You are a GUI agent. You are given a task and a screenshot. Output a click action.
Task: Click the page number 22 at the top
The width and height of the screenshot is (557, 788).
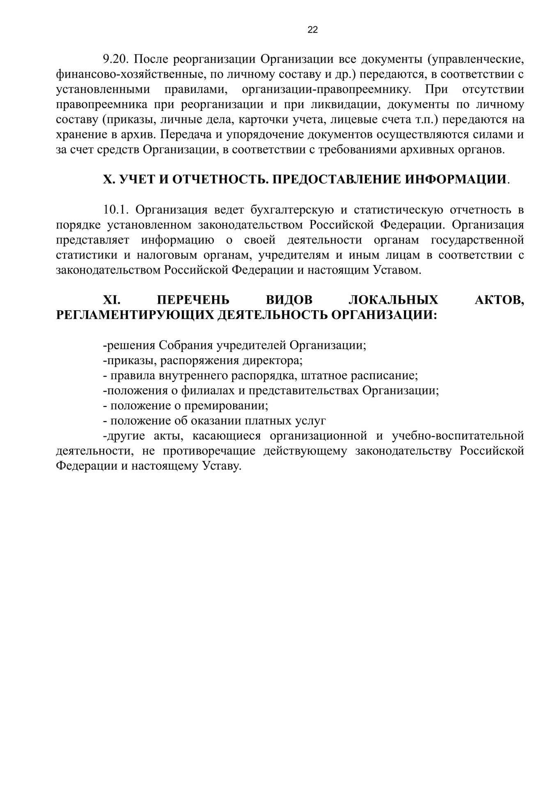312,30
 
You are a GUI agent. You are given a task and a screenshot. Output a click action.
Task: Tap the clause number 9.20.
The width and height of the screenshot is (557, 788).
116,59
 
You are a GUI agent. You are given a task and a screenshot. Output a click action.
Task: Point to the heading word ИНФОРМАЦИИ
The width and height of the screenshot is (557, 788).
456,179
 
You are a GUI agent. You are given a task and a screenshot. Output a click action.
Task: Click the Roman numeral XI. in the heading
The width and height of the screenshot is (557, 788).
111,300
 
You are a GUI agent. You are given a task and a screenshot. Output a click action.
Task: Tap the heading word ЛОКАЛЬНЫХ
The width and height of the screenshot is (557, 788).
393,300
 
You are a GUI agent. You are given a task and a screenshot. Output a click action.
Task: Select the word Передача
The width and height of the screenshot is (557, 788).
189,135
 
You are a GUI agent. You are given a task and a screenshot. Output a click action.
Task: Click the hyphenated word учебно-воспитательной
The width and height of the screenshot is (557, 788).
458,436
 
